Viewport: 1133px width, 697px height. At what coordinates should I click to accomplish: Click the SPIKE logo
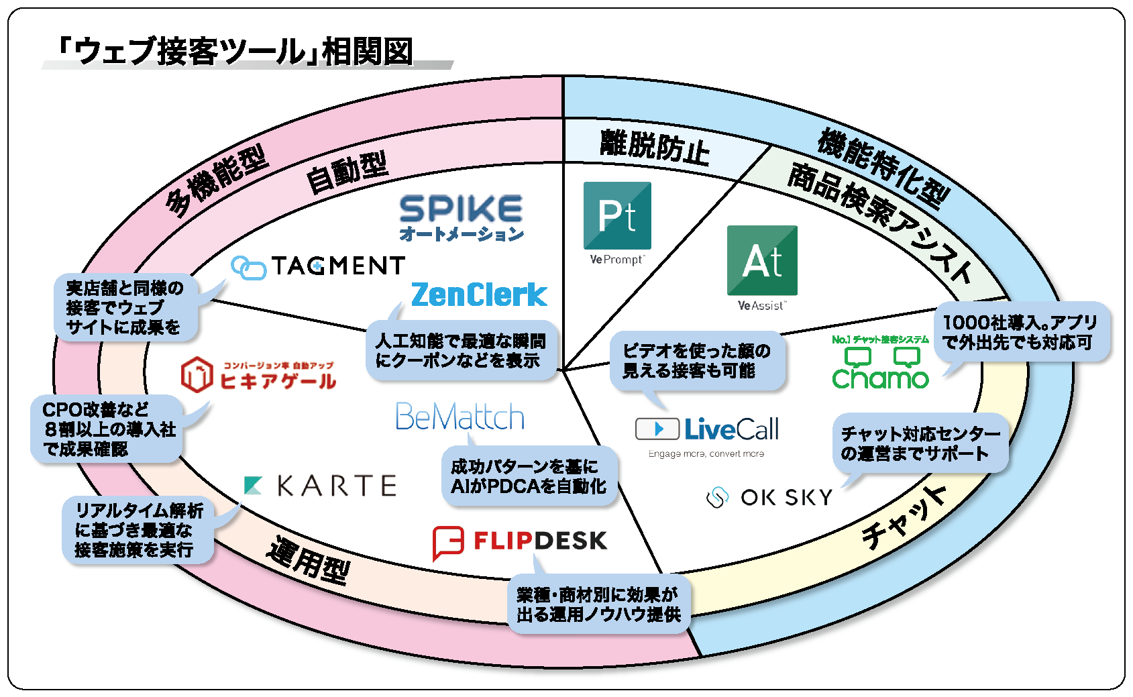click(x=461, y=217)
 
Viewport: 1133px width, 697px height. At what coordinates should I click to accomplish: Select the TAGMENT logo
click(x=318, y=266)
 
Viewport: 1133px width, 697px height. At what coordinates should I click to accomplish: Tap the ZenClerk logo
click(x=479, y=294)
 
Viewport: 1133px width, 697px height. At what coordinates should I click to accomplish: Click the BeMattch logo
click(x=460, y=417)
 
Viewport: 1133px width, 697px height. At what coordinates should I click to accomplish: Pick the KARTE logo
click(x=320, y=486)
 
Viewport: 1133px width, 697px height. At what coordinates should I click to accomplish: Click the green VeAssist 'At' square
click(x=762, y=260)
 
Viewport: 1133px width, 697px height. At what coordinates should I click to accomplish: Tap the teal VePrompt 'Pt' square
click(x=617, y=215)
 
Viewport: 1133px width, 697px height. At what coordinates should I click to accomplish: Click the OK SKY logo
click(x=769, y=498)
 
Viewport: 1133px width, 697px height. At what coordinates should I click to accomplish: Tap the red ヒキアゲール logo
click(x=258, y=376)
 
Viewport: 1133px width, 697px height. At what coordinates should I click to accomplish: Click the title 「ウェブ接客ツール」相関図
click(x=235, y=52)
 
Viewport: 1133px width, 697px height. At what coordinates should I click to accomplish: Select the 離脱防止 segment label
click(x=654, y=146)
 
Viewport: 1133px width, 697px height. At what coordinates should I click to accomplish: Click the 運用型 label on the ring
click(x=309, y=560)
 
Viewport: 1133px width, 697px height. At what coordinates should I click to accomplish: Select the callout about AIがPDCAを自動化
click(x=529, y=476)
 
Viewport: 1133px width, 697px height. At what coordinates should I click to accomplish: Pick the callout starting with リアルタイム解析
click(x=138, y=530)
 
